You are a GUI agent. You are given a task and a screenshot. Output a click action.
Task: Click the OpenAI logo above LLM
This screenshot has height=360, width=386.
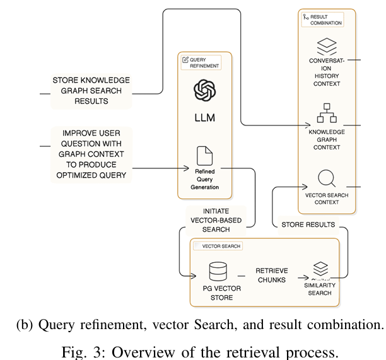click(x=205, y=90)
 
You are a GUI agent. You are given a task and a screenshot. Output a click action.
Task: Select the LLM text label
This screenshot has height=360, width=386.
click(x=205, y=118)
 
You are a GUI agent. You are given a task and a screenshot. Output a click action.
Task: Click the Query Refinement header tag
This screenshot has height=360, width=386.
click(x=201, y=62)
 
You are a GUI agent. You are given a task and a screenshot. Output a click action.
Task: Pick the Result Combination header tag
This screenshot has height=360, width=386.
click(x=322, y=20)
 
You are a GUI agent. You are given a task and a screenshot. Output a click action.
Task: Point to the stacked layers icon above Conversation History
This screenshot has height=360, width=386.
click(x=326, y=47)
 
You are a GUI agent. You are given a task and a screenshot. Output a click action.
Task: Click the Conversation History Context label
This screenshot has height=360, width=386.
click(x=325, y=72)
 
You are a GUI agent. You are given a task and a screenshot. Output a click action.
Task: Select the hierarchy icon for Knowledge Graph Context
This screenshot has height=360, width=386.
click(x=326, y=113)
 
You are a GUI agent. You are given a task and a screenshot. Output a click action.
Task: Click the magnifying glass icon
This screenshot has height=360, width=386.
click(x=326, y=178)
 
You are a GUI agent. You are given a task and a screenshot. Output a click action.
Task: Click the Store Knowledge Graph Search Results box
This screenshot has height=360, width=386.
click(x=91, y=91)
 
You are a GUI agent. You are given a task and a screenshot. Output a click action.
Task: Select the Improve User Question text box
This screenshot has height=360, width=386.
click(x=91, y=154)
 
